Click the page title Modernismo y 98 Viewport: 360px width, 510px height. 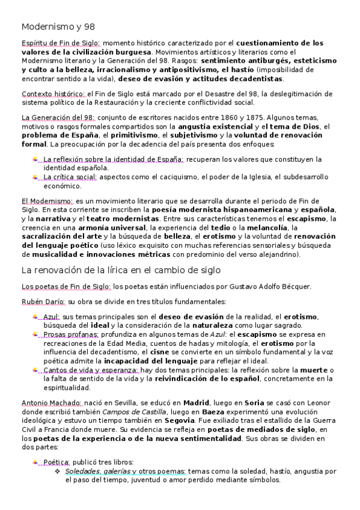58,27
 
